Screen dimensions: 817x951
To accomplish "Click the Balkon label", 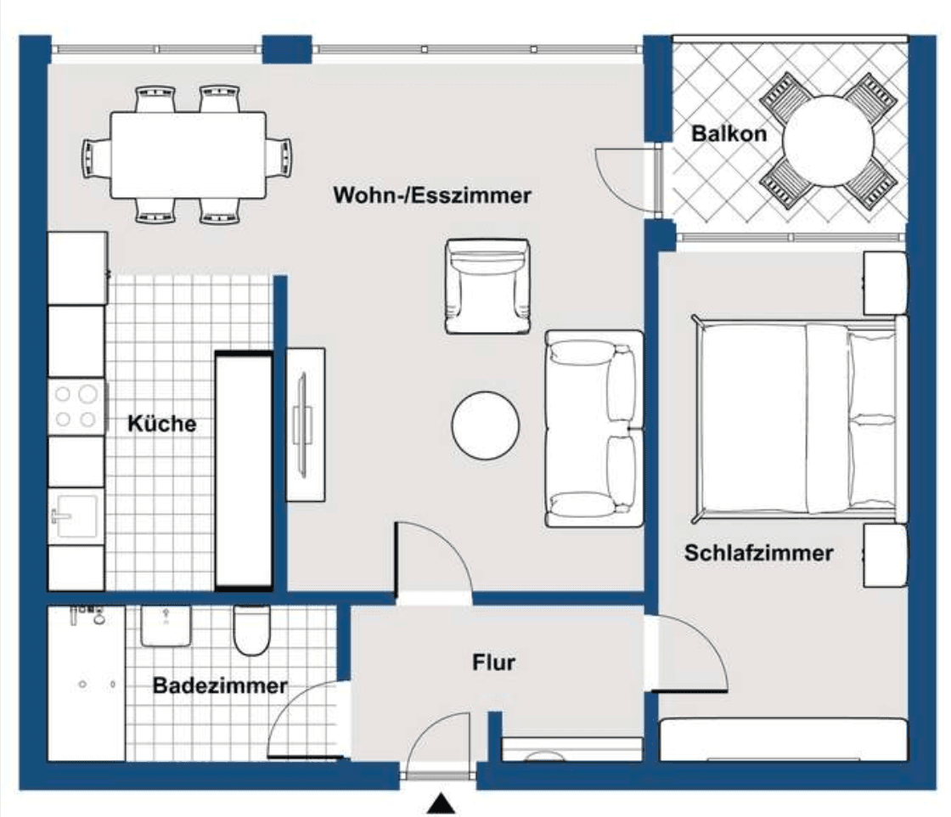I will click(729, 133).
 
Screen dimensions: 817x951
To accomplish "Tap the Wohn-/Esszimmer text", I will click(432, 195).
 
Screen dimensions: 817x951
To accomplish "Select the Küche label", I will click(161, 423).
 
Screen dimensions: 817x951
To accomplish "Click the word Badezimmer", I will click(220, 685).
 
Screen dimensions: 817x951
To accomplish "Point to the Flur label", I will click(493, 662).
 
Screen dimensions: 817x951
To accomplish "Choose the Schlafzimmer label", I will click(758, 554).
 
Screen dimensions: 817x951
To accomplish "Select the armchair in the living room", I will click(487, 286).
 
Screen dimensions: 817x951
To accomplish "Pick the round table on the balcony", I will click(828, 141).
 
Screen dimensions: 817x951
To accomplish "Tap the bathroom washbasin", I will click(165, 626).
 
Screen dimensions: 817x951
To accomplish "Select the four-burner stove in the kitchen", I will click(76, 406).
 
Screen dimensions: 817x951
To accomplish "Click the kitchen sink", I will click(74, 516).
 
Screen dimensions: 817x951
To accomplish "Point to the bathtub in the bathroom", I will click(86, 684).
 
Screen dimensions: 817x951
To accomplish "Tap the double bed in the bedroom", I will click(796, 420).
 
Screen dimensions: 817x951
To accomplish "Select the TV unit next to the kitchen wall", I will click(306, 424).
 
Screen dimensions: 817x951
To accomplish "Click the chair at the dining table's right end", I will click(280, 156).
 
